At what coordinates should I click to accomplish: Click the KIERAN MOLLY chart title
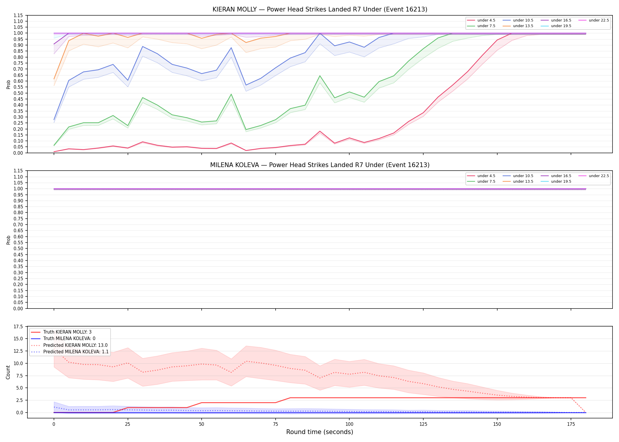pyautogui.click(x=320, y=9)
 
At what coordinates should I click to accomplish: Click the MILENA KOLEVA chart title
pyautogui.click(x=320, y=165)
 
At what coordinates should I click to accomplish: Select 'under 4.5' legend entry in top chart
pyautogui.click(x=481, y=20)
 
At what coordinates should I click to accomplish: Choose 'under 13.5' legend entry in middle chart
pyautogui.click(x=518, y=182)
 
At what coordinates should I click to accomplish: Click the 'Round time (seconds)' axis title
pyautogui.click(x=320, y=432)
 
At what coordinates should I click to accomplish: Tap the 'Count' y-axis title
pyautogui.click(x=8, y=372)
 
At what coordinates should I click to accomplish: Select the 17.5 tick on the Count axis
pyautogui.click(x=19, y=326)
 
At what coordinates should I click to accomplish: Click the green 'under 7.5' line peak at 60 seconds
pyautogui.click(x=231, y=94)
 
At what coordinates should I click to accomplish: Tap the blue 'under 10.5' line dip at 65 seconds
pyautogui.click(x=246, y=85)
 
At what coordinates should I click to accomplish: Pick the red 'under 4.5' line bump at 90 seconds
pyautogui.click(x=320, y=131)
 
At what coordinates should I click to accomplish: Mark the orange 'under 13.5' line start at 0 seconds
pyautogui.click(x=54, y=79)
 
